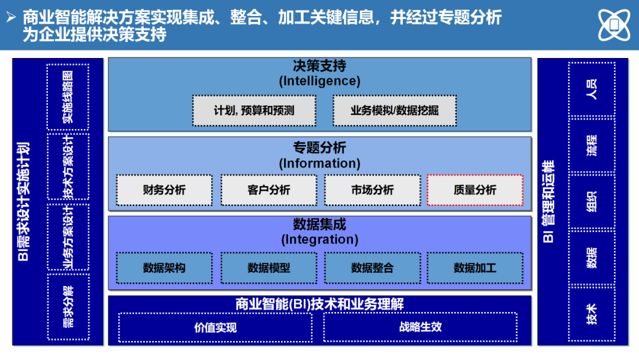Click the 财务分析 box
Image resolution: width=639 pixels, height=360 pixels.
pyautogui.click(x=164, y=190)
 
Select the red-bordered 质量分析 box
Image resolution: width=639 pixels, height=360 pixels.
pyautogui.click(x=475, y=190)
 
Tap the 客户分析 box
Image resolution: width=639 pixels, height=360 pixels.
pyautogui.click(x=269, y=190)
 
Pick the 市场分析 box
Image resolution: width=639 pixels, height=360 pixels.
pyautogui.click(x=372, y=190)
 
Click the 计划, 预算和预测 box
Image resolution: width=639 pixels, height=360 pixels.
pyautogui.click(x=254, y=111)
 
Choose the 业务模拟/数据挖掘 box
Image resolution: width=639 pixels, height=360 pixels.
pyautogui.click(x=395, y=111)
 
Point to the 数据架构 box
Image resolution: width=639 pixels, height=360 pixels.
pyautogui.click(x=164, y=268)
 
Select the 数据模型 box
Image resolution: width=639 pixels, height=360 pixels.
pyautogui.click(x=269, y=268)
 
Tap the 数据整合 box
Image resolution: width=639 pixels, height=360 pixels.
pyautogui.click(x=372, y=268)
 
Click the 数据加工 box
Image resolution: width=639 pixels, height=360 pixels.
pyautogui.click(x=475, y=268)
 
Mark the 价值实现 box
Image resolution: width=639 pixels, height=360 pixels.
pyautogui.click(x=215, y=327)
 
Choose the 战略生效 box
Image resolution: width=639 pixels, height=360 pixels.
pyautogui.click(x=420, y=327)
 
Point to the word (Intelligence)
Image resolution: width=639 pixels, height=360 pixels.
pyautogui.click(x=319, y=81)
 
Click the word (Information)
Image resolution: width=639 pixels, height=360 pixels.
pyautogui.click(x=319, y=163)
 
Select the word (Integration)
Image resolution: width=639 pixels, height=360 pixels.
pyautogui.click(x=319, y=240)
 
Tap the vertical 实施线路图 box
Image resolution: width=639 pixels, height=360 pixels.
pyautogui.click(x=68, y=97)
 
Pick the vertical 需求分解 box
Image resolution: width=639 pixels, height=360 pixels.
pyautogui.click(x=68, y=307)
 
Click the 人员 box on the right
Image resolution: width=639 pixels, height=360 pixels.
pyautogui.click(x=591, y=89)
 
